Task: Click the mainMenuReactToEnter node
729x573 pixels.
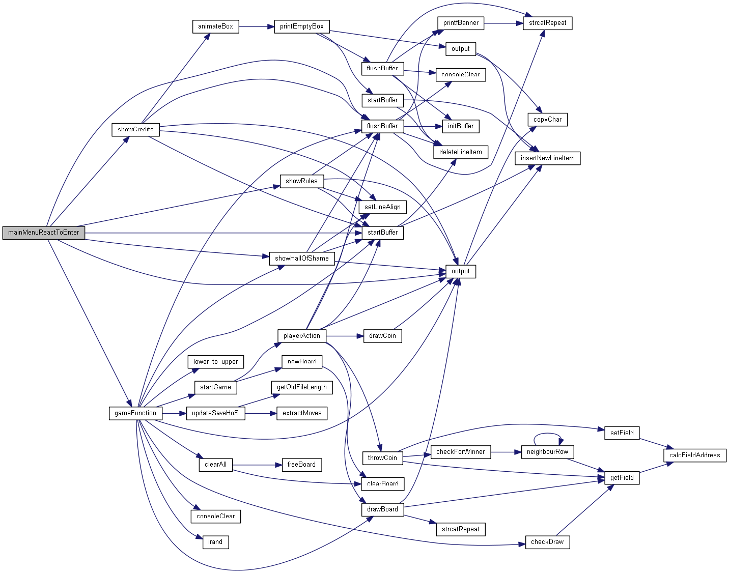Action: click(x=44, y=233)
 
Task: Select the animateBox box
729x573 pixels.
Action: click(x=215, y=26)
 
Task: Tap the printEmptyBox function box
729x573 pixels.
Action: click(x=302, y=26)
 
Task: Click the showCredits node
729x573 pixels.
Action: click(x=135, y=129)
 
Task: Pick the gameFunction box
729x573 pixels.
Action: click(x=135, y=413)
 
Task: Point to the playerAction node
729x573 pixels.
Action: click(x=302, y=336)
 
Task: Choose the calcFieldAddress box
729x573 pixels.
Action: click(x=694, y=455)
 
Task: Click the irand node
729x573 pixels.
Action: click(x=215, y=542)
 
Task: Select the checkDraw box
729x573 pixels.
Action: click(x=547, y=542)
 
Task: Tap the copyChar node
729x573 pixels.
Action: click(x=547, y=120)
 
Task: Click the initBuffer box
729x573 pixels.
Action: click(x=461, y=126)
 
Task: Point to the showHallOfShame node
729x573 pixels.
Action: click(x=302, y=259)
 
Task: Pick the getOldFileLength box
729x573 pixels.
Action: click(x=302, y=387)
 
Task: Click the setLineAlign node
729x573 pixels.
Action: click(x=383, y=207)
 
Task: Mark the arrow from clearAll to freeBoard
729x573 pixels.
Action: click(x=257, y=465)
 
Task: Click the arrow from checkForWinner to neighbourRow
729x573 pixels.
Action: click(x=506, y=452)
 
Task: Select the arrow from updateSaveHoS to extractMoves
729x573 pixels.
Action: click(x=260, y=413)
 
